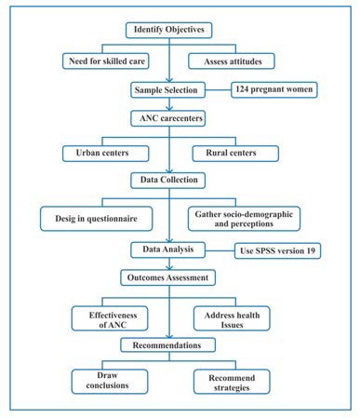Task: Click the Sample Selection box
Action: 171,91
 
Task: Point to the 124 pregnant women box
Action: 277,90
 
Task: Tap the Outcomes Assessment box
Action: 171,277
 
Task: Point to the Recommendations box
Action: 171,345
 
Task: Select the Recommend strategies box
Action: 233,380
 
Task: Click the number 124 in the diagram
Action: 248,90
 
